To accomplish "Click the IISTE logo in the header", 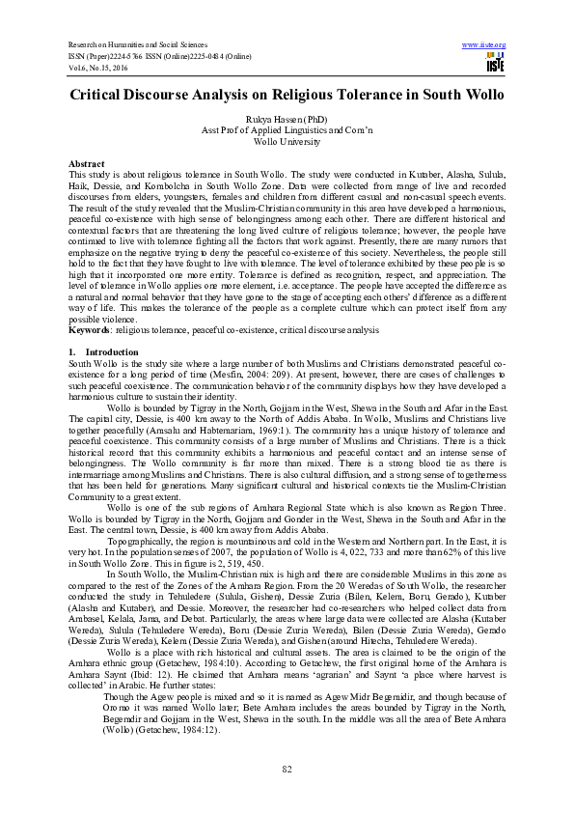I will [x=496, y=64].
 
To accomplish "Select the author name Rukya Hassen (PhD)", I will [x=287, y=121].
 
